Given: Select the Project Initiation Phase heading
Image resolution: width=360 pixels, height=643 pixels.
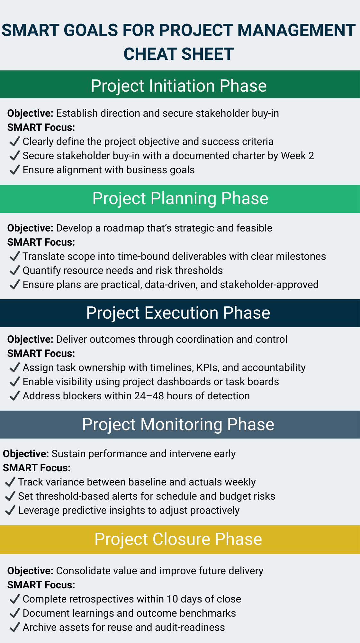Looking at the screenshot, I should coord(179,86).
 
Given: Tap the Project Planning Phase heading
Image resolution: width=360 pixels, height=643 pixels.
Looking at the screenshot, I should coord(180,198).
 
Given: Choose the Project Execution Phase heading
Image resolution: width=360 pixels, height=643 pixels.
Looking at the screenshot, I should coord(178,313).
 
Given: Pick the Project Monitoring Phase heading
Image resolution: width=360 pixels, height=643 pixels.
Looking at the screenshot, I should coord(178,424).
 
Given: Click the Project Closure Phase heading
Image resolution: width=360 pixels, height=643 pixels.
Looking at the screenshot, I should coord(178,539).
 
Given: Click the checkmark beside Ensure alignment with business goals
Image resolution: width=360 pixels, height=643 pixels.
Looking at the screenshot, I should coord(15,170).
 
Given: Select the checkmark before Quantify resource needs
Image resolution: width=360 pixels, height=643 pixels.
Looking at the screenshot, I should coord(15,270).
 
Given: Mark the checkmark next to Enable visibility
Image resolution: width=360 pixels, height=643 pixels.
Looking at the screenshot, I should coord(15,382).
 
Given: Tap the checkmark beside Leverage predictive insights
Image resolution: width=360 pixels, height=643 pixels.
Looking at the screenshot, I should coord(10,510).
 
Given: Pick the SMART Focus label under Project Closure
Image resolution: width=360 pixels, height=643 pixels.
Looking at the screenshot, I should coord(41,585).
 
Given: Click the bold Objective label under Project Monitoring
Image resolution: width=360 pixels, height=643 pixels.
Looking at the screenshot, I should coord(26,454).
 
